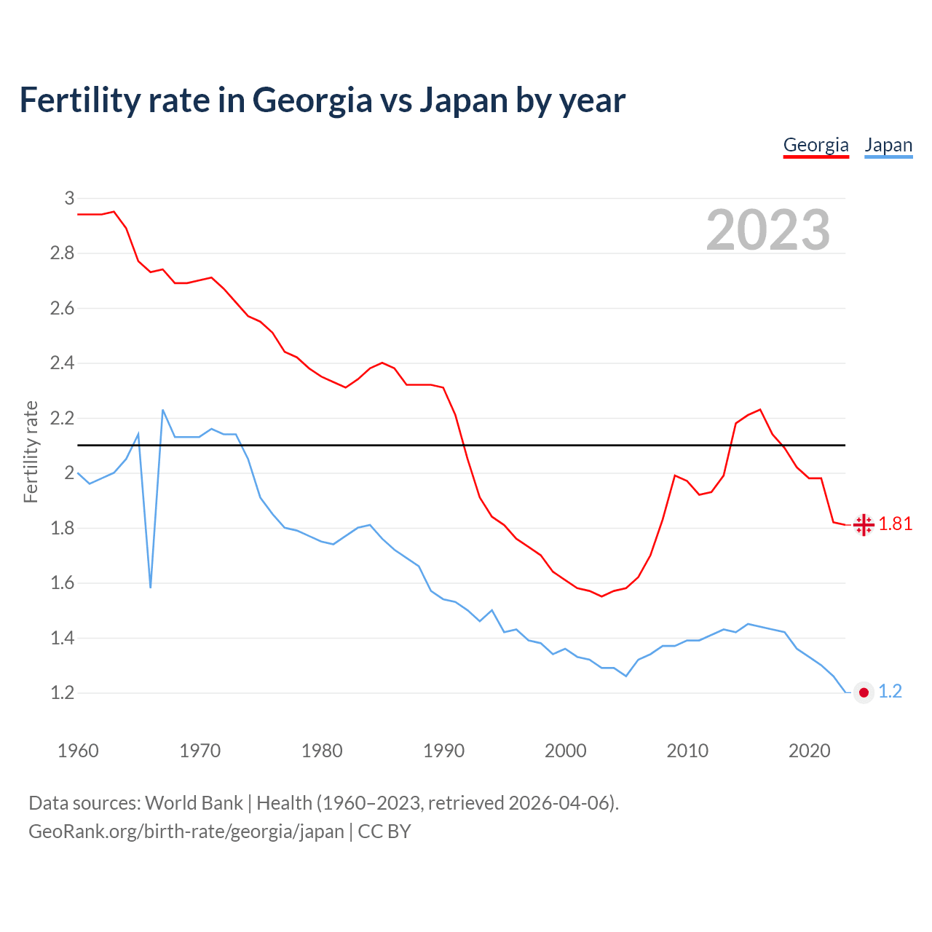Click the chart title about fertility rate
[x=322, y=100]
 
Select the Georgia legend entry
[x=815, y=145]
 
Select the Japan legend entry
[x=888, y=145]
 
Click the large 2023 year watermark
[x=767, y=230]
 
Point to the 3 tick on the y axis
[x=69, y=198]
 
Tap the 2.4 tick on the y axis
[x=62, y=363]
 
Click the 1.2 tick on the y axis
[x=62, y=692]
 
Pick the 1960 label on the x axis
[x=78, y=751]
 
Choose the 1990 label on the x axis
[x=443, y=751]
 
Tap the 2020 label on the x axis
[x=809, y=751]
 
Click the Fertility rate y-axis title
[x=31, y=451]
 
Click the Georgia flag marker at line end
[x=864, y=524]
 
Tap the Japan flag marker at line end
[x=864, y=692]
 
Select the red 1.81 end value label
[x=895, y=524]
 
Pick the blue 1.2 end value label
[x=890, y=692]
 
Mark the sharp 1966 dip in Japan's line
[x=151, y=586]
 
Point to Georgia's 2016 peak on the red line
[x=760, y=409]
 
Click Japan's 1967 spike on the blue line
[x=162, y=410]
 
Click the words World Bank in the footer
[x=194, y=802]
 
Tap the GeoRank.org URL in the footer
[x=186, y=832]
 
